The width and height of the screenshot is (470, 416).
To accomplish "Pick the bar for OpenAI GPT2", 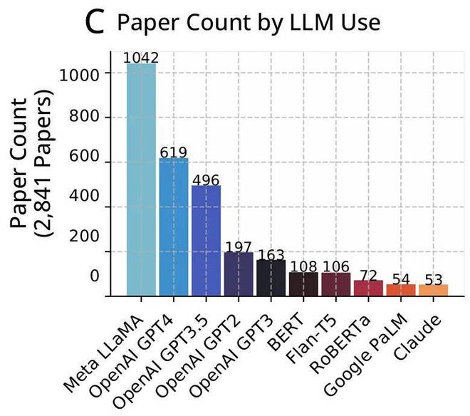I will (239, 274).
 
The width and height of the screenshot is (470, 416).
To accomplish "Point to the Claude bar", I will (433, 290).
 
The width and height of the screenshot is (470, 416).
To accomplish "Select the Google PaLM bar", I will (400, 290).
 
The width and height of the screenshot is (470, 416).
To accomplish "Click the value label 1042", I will (141, 58).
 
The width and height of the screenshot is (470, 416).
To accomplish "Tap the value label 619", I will (174, 152).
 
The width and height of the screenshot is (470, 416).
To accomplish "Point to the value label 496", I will (206, 179).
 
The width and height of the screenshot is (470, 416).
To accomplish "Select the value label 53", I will (433, 278).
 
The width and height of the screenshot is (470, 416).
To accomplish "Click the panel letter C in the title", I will (95, 23).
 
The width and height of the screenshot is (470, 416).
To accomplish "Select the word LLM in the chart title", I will (292, 23).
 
